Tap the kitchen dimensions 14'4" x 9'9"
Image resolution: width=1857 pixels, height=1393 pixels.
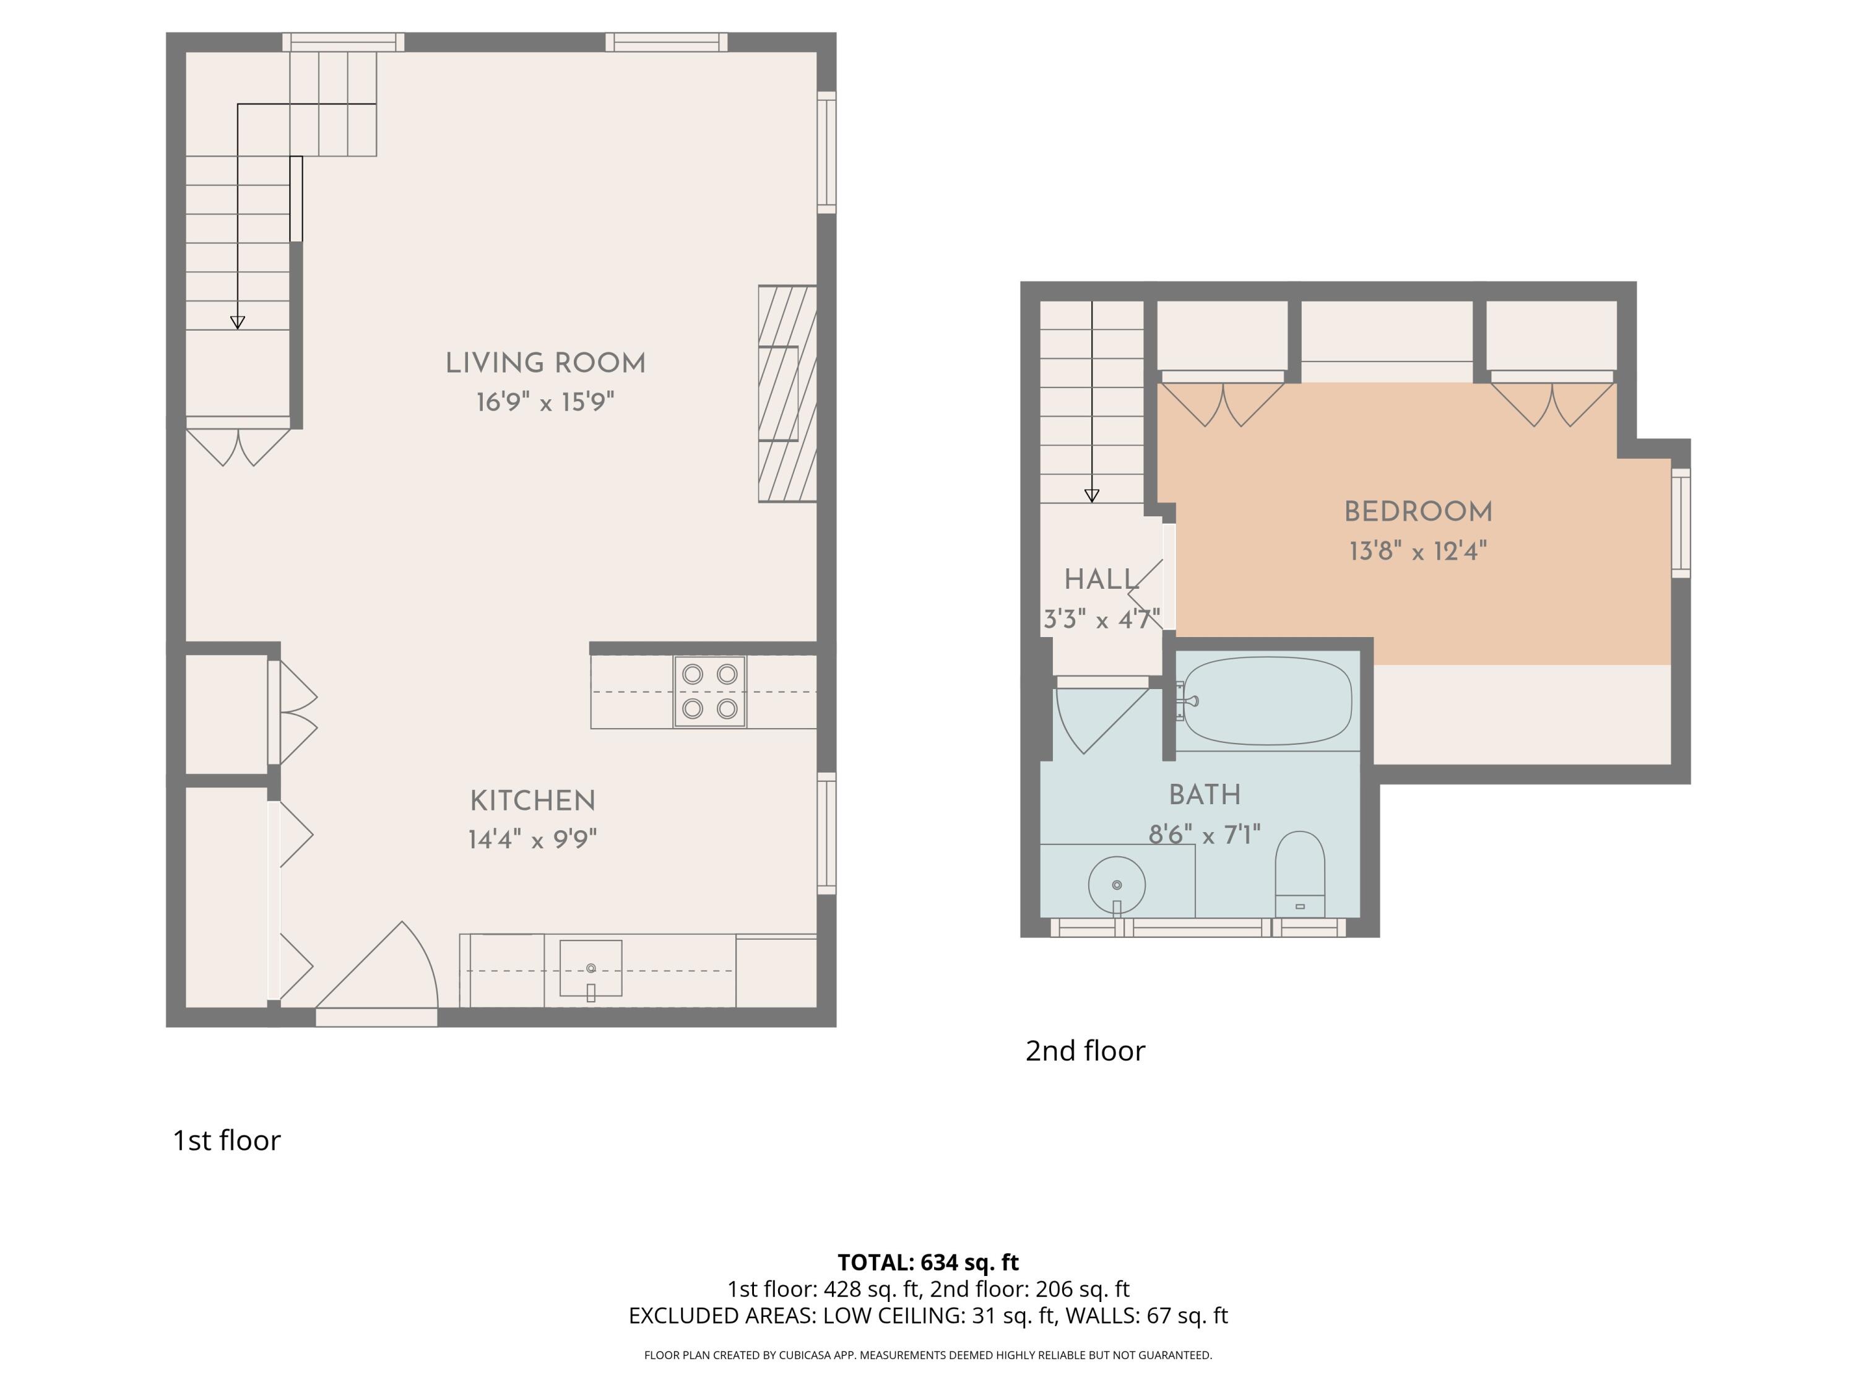(532, 839)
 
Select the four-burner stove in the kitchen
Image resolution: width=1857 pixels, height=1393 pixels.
(709, 691)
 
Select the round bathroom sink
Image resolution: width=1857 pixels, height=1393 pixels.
(1117, 885)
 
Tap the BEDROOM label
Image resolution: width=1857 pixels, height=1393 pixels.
(1418, 511)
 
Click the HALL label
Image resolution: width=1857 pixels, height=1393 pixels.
(1101, 579)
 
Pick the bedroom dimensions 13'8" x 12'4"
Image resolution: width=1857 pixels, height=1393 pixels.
(1418, 552)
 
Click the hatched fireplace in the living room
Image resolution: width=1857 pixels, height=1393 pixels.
(787, 394)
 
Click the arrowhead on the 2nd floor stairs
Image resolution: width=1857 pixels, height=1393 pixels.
(1091, 495)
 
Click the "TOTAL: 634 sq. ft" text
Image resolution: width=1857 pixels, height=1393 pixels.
(928, 1262)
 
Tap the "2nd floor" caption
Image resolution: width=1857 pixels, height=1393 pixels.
(1084, 1051)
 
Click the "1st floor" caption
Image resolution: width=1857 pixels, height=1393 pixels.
(226, 1140)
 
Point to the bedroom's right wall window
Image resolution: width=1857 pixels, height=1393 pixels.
(1680, 523)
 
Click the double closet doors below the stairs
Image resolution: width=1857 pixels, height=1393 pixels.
(238, 447)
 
